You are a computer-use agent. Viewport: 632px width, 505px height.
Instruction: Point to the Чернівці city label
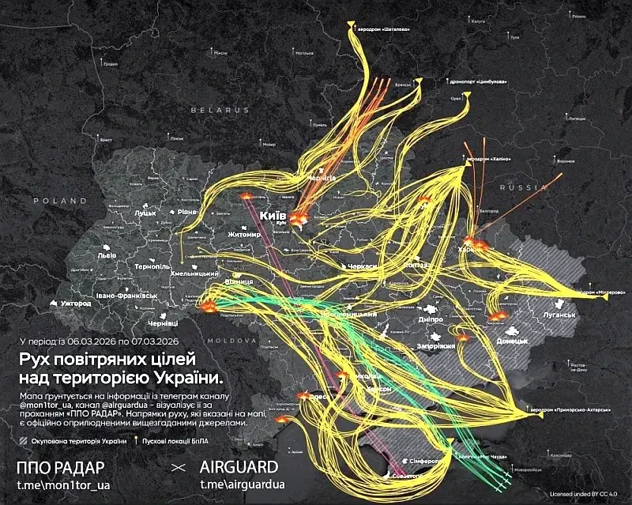165,323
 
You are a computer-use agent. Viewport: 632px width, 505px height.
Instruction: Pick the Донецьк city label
511,341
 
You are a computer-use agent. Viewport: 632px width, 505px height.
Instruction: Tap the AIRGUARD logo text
239,466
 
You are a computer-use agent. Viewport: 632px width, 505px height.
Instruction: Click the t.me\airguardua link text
242,484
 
